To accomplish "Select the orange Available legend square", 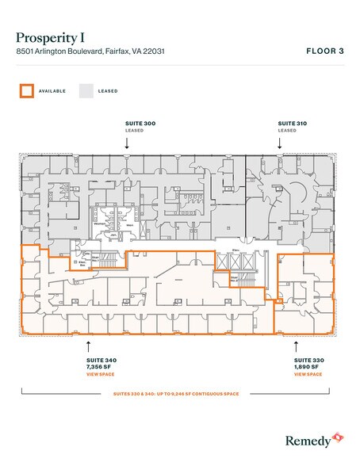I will click(x=27, y=90).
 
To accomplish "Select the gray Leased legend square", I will click(x=86, y=90).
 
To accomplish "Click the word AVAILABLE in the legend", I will click(x=52, y=91).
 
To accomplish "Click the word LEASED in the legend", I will click(x=109, y=91).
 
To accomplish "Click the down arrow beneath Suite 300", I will click(x=127, y=143).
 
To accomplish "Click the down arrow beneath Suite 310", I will click(x=278, y=143).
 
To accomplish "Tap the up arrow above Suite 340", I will click(x=88, y=345).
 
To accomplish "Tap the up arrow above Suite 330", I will click(x=297, y=345).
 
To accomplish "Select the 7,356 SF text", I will click(x=99, y=366).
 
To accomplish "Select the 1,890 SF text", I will click(x=307, y=366).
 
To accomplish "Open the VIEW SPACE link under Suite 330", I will click(x=308, y=374).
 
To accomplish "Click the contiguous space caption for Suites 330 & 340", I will click(x=180, y=393).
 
